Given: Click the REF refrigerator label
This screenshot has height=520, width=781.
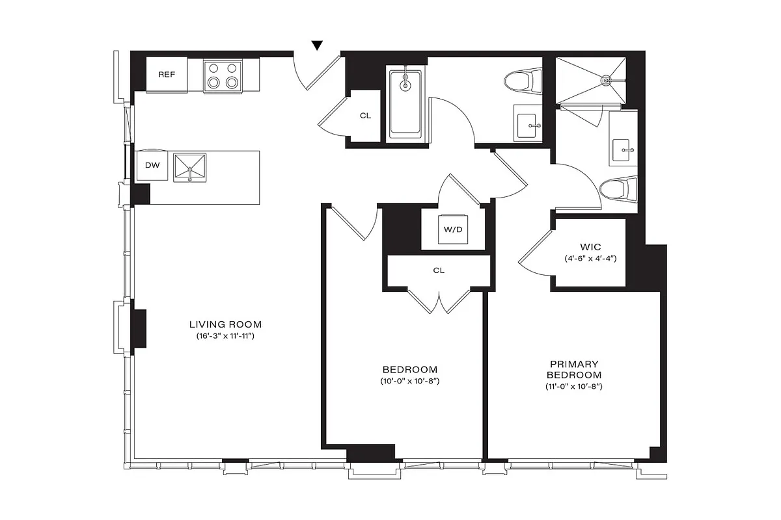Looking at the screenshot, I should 167,74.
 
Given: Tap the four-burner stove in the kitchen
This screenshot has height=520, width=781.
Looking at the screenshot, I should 223,75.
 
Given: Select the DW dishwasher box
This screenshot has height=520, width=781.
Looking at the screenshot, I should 152,166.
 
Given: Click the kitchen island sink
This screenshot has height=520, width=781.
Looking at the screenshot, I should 189,168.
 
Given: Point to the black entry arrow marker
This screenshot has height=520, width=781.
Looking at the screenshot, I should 317,45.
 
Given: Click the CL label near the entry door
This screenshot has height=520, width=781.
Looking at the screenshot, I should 365,116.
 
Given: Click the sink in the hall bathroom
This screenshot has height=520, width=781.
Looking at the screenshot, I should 528,123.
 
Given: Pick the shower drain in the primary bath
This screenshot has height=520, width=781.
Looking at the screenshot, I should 606,81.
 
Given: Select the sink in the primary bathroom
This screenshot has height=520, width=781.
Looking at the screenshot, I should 623,149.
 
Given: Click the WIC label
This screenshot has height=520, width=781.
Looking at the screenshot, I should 590,247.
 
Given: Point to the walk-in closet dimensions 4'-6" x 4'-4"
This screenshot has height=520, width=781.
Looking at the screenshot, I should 590,259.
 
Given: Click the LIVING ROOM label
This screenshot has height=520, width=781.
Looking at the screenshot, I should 225,324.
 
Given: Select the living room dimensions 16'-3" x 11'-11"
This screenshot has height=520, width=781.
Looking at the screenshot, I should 225,336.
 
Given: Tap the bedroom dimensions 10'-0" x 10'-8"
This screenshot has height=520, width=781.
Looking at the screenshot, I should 409,381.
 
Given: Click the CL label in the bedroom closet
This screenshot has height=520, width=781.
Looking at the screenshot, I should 439,270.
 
